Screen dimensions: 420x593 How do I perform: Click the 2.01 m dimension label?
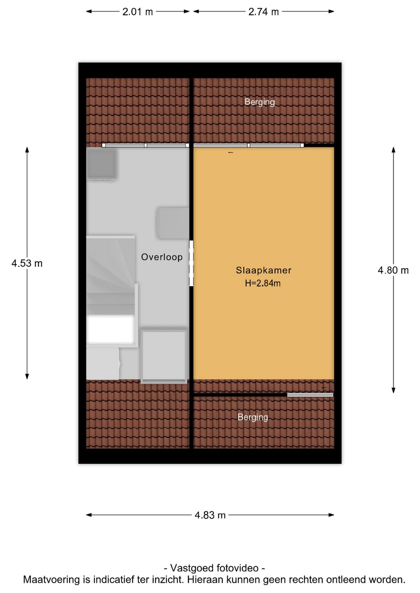[x=138, y=12]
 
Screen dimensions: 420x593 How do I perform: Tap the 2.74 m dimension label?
[x=263, y=12]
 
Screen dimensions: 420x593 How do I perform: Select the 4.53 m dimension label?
[x=27, y=263]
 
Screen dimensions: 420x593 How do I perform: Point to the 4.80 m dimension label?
[x=393, y=270]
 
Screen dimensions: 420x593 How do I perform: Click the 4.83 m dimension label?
[x=210, y=515]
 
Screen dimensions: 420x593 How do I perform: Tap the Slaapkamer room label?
[x=264, y=270]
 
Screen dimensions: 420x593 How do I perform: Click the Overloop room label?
[x=162, y=257]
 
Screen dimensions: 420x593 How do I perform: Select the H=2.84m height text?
[x=262, y=283]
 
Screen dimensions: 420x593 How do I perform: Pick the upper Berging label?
[x=259, y=102]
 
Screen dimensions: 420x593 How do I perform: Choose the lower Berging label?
[x=252, y=417]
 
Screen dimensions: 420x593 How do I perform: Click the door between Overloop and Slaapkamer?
[x=191, y=263]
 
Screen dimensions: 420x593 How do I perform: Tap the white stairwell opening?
[x=110, y=330]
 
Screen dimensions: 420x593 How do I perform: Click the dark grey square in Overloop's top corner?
[x=102, y=164]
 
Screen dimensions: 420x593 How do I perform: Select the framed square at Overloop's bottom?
[x=164, y=356]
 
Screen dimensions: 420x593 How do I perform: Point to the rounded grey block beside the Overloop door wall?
[x=173, y=223]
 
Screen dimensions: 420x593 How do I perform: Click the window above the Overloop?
[x=145, y=145]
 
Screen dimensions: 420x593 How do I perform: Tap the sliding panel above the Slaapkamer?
[x=248, y=145]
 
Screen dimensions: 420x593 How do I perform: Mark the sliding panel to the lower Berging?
[x=310, y=395]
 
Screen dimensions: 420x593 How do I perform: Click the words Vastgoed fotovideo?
[x=214, y=568]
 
